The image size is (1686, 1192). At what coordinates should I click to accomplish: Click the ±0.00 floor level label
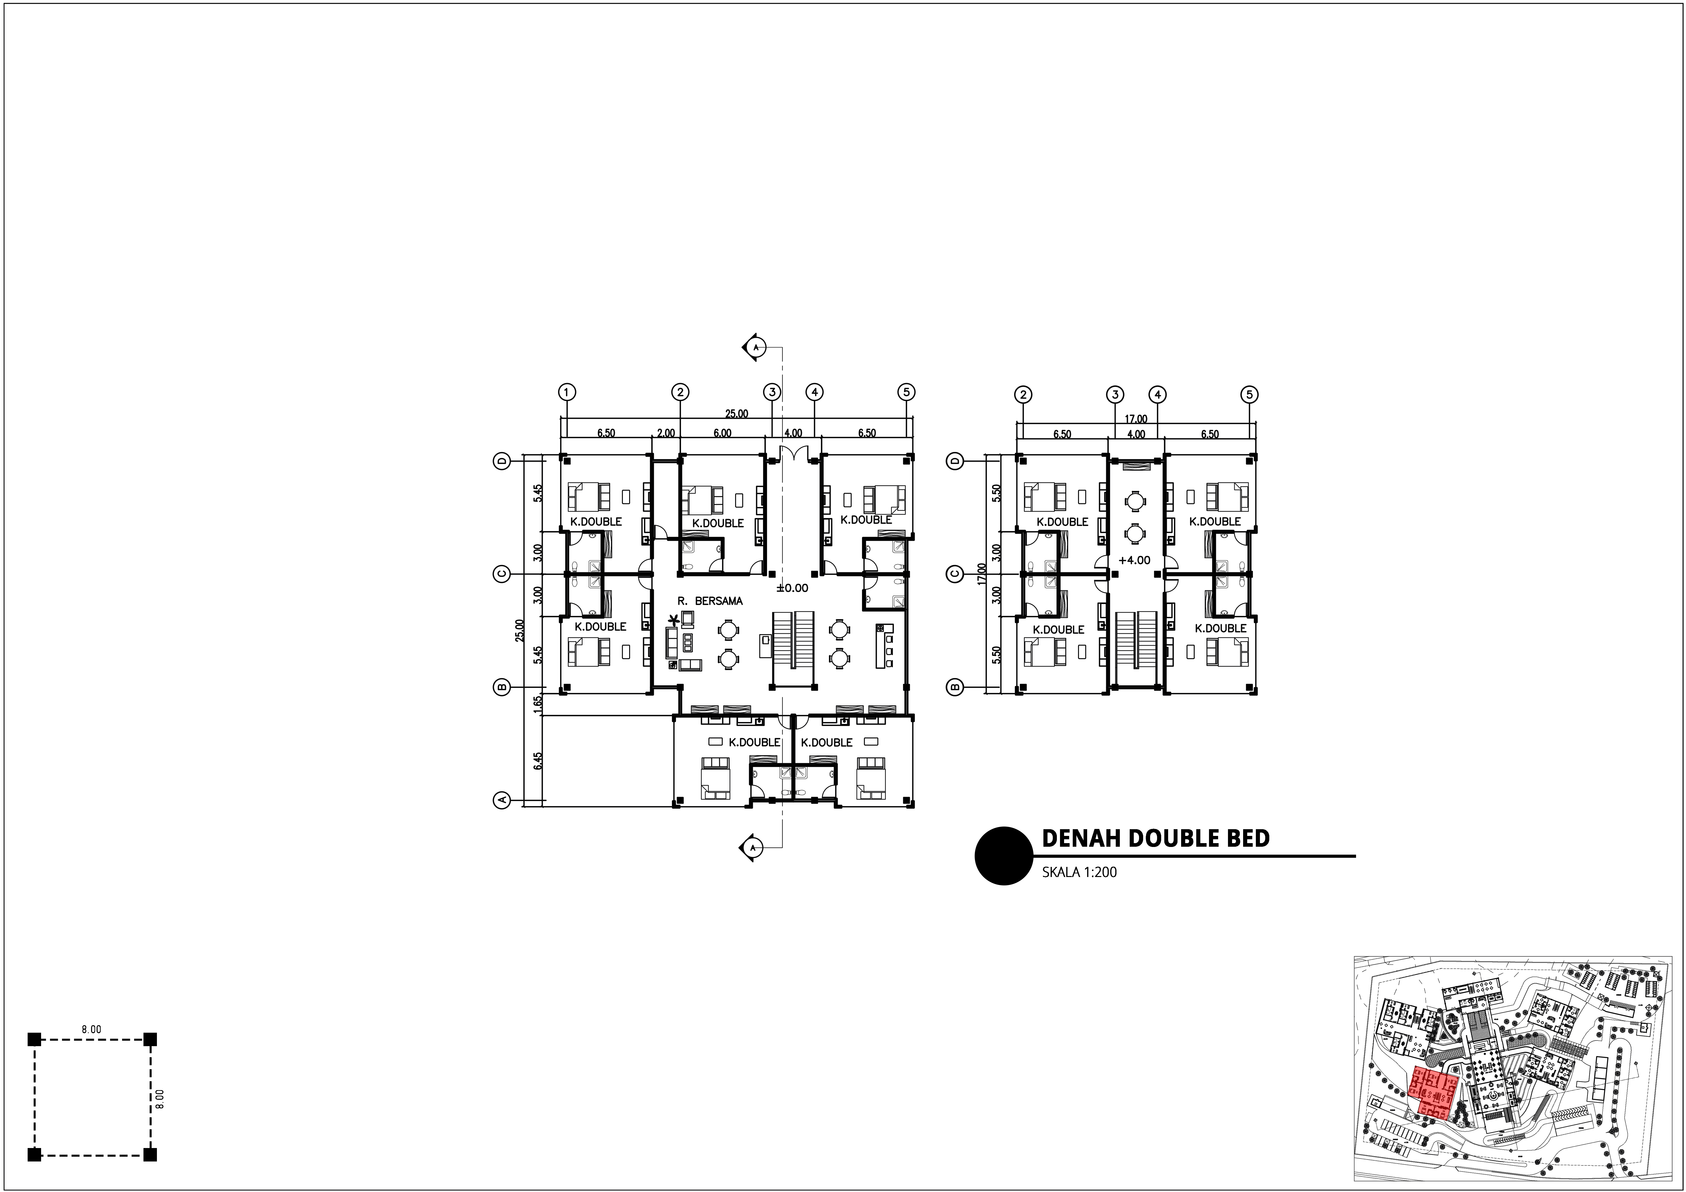[x=792, y=588]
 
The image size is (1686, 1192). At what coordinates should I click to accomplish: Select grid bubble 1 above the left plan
[x=566, y=392]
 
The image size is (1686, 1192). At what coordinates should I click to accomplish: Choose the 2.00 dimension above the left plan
[x=665, y=433]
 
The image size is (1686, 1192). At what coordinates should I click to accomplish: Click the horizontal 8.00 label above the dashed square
[x=92, y=1030]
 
